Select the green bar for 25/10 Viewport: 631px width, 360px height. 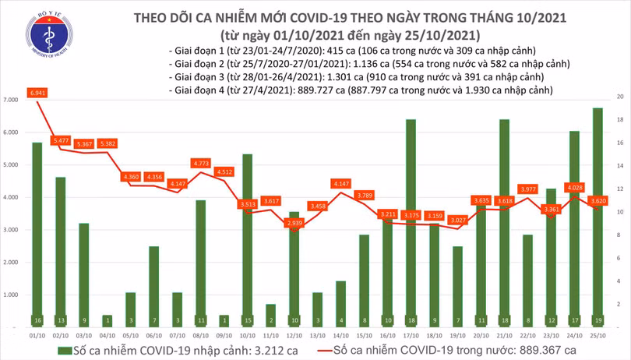click(598, 218)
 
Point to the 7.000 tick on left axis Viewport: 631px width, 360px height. click(11, 101)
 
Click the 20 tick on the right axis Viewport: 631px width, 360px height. click(619, 96)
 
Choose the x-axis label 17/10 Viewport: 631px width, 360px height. click(411, 335)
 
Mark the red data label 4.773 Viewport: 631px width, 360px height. click(201, 164)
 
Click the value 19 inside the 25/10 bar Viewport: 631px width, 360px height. click(598, 319)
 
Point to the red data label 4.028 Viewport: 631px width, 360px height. click(575, 187)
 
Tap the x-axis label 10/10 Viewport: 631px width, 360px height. click(247, 335)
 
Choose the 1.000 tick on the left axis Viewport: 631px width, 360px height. click(11, 296)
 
